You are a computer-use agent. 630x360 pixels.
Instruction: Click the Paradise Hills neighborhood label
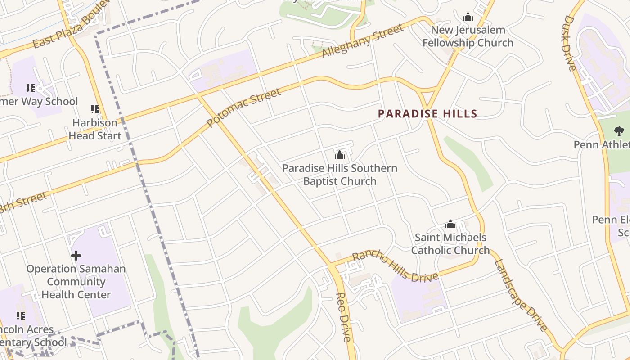coord(427,114)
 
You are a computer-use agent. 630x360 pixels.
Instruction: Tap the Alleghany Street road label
coord(363,41)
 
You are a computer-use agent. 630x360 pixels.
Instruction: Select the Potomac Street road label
coord(244,108)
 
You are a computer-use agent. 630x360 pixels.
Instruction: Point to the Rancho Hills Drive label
coord(395,266)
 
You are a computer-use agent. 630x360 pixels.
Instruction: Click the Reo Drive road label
coord(343,317)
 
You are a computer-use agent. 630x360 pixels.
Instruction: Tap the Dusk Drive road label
coord(570,43)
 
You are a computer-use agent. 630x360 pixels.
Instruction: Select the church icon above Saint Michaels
coord(450,224)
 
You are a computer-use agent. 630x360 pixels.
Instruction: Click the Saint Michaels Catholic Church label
coord(450,244)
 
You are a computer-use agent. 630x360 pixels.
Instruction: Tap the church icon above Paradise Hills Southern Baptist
coord(340,155)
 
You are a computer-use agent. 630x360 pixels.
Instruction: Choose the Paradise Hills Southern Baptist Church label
coord(340,175)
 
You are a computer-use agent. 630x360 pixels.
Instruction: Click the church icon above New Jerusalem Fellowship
coord(468,17)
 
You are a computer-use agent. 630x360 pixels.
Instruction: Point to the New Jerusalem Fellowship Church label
coord(468,36)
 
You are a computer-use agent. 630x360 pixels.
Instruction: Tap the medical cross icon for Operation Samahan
coord(76,256)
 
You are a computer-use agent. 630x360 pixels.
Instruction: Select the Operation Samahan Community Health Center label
coord(76,282)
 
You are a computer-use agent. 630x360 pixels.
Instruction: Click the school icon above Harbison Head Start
coord(95,109)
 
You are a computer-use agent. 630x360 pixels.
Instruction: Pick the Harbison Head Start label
coord(95,129)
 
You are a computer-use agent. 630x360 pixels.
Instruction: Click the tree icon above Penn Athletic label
coord(619,131)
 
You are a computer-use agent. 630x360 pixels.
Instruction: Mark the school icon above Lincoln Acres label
coord(21,316)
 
